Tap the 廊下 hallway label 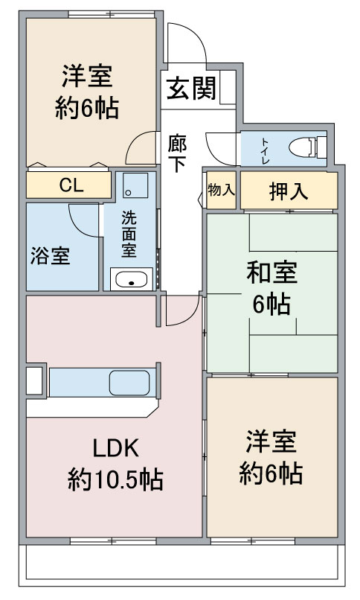click(176, 153)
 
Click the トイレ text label click(266, 149)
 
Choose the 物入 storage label click(221, 189)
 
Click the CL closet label click(71, 185)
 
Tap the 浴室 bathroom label click(51, 256)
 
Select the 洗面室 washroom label click(129, 234)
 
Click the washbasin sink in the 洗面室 click(132, 280)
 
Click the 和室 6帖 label click(271, 289)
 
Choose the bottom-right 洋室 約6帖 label click(271, 456)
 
